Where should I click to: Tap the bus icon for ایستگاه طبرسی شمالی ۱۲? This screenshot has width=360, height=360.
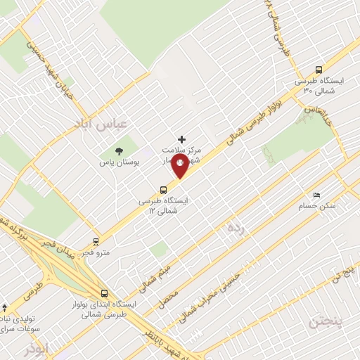pos(164,189)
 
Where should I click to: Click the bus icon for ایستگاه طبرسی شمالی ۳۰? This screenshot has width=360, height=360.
pos(319,70)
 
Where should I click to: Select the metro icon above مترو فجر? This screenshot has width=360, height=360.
pos(96,240)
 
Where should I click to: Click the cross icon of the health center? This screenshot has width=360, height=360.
pos(182,139)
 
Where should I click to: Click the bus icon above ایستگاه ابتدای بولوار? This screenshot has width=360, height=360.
pos(104,293)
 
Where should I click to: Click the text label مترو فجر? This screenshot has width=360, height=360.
pos(96,252)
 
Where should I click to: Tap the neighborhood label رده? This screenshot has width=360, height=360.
pos(236,228)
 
